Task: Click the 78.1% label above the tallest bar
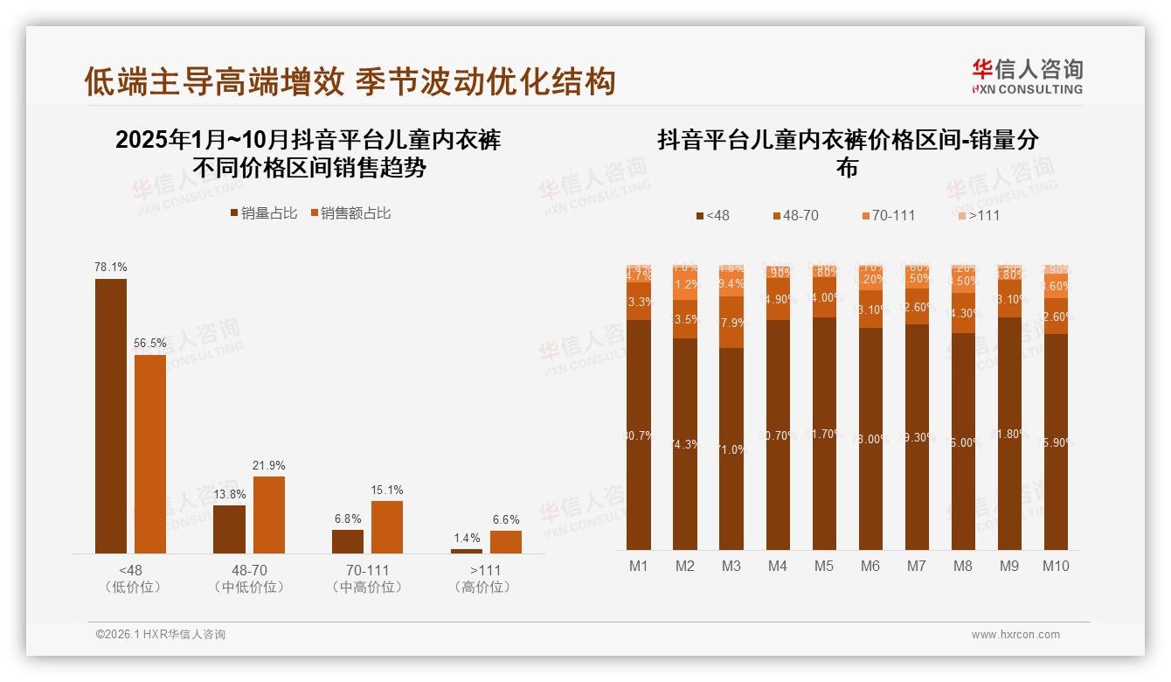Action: click(111, 268)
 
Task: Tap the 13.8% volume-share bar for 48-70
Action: click(229, 529)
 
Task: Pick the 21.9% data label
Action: click(269, 465)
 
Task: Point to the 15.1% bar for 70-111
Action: click(387, 526)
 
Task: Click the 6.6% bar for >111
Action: click(505, 541)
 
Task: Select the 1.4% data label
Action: click(468, 538)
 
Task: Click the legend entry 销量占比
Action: click(263, 213)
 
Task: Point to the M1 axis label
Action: click(639, 566)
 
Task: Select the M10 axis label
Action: click(1056, 566)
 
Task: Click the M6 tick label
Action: click(870, 566)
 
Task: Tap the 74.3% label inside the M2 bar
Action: click(685, 444)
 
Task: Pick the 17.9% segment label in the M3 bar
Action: click(731, 323)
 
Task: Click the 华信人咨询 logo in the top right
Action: click(1027, 76)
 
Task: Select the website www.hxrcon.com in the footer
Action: click(1015, 635)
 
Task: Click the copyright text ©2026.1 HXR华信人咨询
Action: click(160, 635)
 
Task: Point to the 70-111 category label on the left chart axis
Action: click(367, 570)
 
